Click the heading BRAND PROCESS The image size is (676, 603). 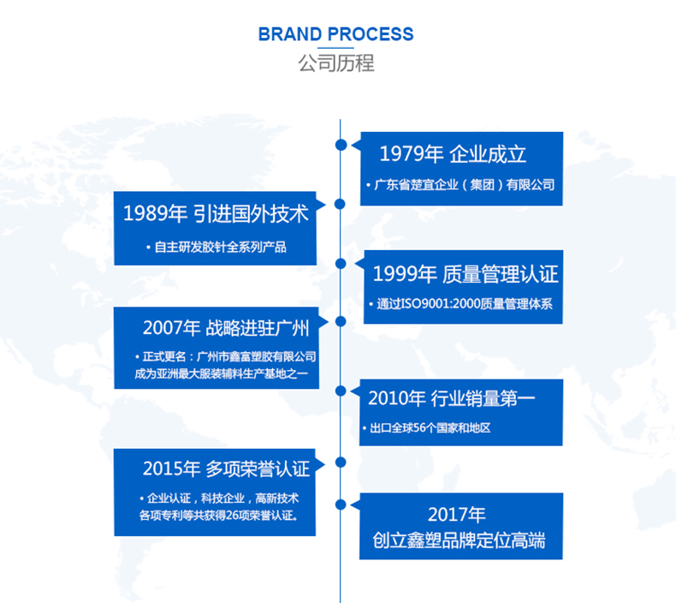pyautogui.click(x=335, y=34)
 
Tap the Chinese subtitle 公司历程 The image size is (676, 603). pyautogui.click(x=336, y=63)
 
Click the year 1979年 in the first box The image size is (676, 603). pyautogui.click(x=411, y=154)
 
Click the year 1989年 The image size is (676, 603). pyautogui.click(x=155, y=213)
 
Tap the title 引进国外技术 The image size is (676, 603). pyautogui.click(x=251, y=213)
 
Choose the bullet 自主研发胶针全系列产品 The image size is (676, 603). pyautogui.click(x=216, y=248)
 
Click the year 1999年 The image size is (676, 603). pyautogui.click(x=404, y=274)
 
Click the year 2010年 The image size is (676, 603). pyautogui.click(x=397, y=398)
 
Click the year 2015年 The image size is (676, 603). pyautogui.click(x=171, y=468)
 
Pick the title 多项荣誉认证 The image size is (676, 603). pyautogui.click(x=257, y=468)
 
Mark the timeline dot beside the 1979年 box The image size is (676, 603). pyautogui.click(x=341, y=145)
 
